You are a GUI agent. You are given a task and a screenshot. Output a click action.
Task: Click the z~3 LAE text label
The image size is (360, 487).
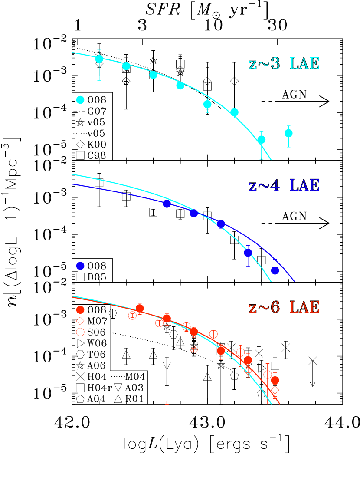point(284,64)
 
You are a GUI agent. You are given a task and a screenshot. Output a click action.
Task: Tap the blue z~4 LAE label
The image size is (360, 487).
point(284,186)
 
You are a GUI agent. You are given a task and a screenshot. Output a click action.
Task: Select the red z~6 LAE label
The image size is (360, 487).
point(284,307)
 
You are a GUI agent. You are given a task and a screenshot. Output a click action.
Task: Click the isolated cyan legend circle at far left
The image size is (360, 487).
point(80,100)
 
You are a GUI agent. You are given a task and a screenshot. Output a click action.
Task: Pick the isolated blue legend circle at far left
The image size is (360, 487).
point(80,266)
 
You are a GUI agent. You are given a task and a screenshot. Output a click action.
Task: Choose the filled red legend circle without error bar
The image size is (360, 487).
point(80,310)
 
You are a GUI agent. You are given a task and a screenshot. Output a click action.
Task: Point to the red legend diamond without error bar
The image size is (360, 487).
point(80,321)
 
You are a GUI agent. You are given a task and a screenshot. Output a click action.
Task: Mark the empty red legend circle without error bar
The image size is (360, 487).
point(80,332)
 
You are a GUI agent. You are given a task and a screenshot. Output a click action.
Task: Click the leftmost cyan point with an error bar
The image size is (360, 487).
point(99,59)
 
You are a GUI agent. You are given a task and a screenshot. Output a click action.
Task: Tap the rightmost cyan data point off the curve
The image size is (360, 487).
point(288,133)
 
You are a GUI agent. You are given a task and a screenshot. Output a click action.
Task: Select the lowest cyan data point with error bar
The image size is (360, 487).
point(262,140)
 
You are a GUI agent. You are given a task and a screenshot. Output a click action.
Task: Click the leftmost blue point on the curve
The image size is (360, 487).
point(167,204)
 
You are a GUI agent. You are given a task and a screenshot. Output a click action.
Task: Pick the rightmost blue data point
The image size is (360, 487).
point(275,270)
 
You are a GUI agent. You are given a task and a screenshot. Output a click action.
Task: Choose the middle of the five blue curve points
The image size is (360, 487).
point(221,224)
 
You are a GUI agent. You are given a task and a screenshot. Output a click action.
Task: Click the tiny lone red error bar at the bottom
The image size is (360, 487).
point(167,403)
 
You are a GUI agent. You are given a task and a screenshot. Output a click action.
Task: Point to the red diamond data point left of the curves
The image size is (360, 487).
point(194,350)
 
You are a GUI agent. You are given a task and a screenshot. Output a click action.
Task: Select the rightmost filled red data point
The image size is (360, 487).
point(275,381)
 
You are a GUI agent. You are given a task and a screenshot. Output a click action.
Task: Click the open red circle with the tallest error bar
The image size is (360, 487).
point(268,375)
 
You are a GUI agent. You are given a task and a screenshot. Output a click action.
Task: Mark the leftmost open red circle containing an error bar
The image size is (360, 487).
point(133,316)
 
